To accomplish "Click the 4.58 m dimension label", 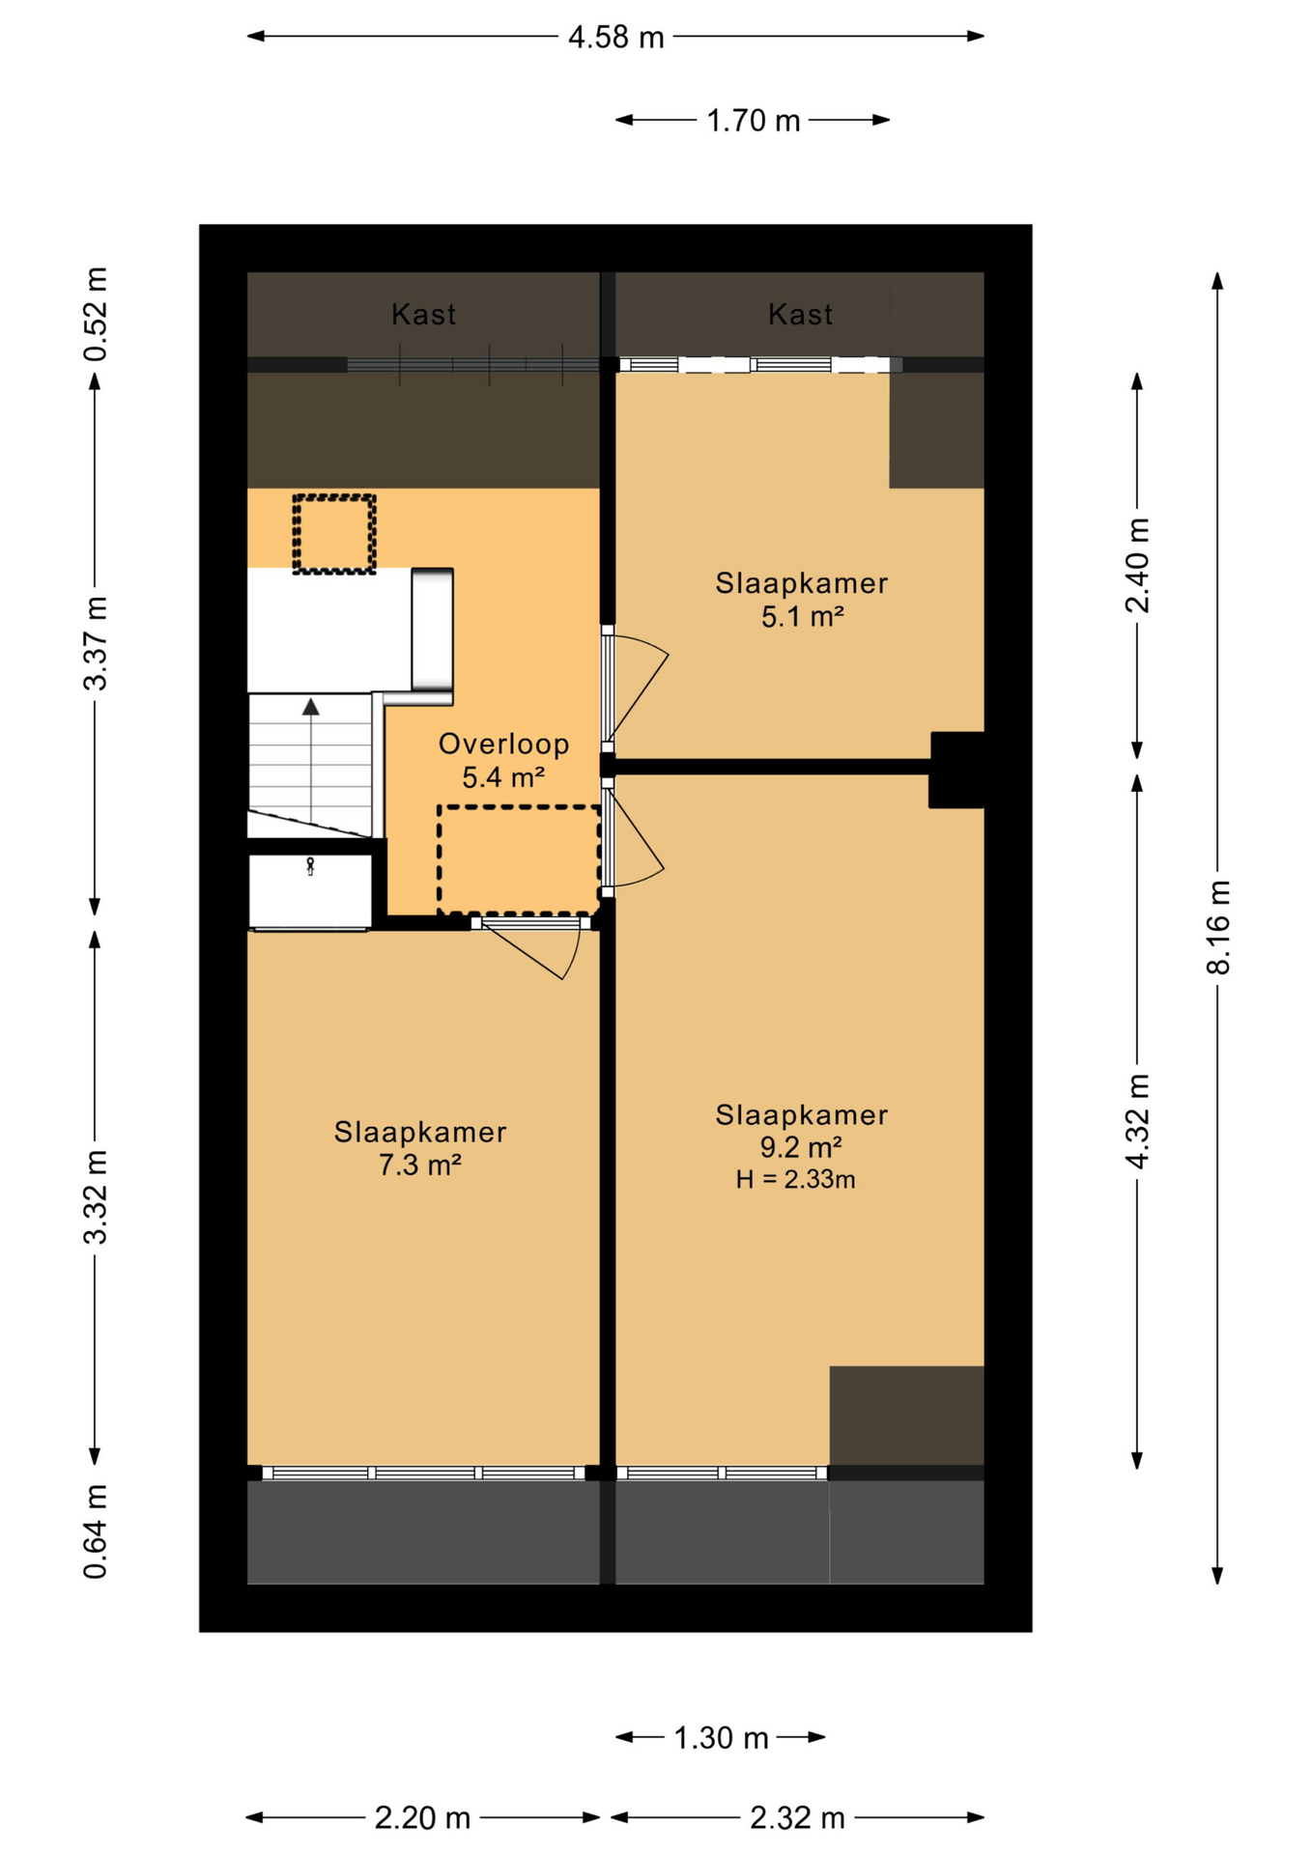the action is tap(615, 38).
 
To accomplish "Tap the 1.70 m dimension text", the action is tap(754, 121).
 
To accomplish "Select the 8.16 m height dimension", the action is tap(1219, 927).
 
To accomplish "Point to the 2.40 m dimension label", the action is tap(1138, 565).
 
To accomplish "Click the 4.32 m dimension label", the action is tap(1138, 1121).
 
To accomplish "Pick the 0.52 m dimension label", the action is tap(96, 314).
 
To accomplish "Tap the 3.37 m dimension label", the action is tap(96, 643).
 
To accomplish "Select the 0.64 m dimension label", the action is tap(96, 1532).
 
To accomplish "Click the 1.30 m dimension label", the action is tap(721, 1738).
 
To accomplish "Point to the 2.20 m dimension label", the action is tap(422, 1818).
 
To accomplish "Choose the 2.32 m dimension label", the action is tap(797, 1818).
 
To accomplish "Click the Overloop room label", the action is tap(503, 744).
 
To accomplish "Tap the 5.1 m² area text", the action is tap(803, 616).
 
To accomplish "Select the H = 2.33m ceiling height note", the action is tap(795, 1179).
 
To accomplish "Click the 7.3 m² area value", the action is tap(419, 1166).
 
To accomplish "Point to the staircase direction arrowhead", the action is tap(310, 707).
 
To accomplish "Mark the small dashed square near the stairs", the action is tap(334, 534).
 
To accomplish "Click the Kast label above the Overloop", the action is tap(423, 315).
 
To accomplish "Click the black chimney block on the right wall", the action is tap(956, 770).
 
